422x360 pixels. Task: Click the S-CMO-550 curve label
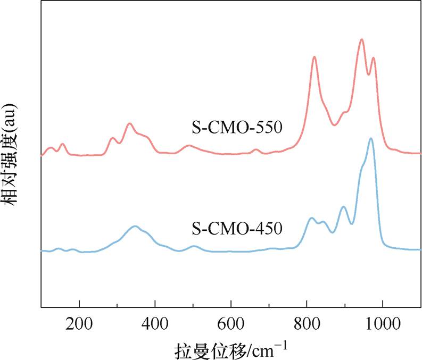coord(237,128)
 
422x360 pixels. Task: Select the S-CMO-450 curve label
coord(237,229)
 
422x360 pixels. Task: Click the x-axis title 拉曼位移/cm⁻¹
coord(231,350)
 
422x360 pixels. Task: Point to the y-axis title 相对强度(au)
coord(11,154)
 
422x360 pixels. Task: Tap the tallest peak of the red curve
coord(362,39)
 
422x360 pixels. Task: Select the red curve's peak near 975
coord(374,58)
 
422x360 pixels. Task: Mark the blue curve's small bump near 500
coord(194,246)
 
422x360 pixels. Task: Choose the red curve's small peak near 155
coord(63,144)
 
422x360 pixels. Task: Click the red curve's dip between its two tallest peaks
coord(368,74)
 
